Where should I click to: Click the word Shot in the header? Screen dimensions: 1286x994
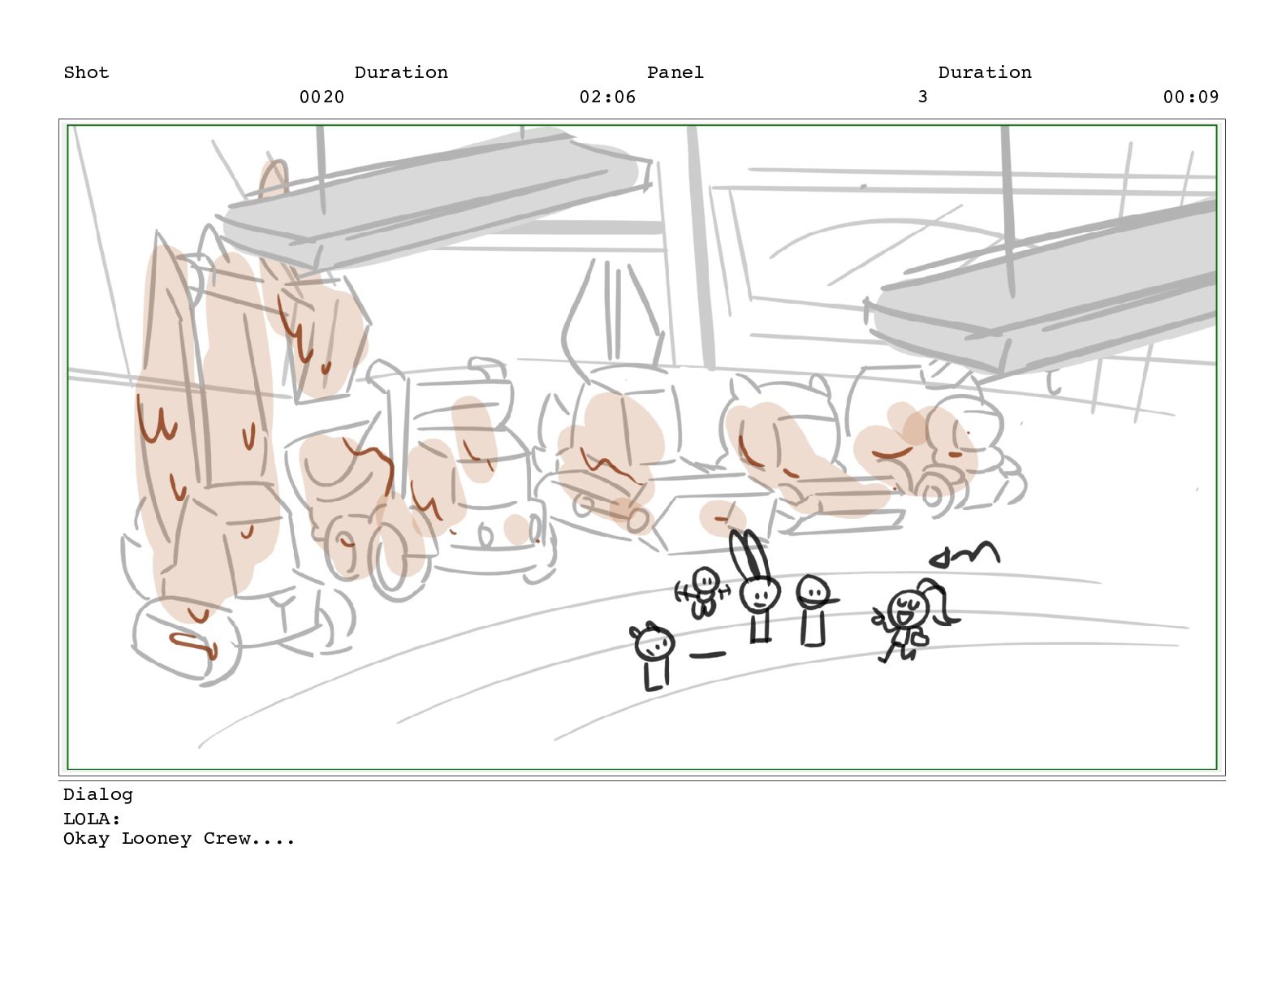(86, 72)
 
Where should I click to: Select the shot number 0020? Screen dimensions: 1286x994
(322, 97)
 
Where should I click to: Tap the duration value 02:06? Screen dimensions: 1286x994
(607, 97)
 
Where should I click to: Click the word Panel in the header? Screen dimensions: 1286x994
(675, 72)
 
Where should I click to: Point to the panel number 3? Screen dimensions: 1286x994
(922, 97)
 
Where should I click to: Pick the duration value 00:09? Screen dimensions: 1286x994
(1191, 97)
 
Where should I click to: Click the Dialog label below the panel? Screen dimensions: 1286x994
(98, 795)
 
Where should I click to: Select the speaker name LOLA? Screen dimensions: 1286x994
(92, 819)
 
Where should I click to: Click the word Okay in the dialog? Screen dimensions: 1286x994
(86, 840)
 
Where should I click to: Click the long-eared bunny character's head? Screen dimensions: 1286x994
(761, 593)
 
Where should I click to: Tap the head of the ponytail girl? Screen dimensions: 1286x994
(906, 608)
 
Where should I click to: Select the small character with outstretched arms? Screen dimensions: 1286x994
(704, 592)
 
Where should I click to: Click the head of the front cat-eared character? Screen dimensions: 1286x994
(654, 642)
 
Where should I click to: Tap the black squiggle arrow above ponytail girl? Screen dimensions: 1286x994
(964, 554)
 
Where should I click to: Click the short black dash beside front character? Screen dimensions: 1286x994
(707, 655)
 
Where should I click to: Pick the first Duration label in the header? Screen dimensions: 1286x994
(401, 72)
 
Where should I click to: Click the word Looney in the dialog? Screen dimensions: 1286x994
(157, 840)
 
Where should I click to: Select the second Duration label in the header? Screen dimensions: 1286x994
(985, 72)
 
